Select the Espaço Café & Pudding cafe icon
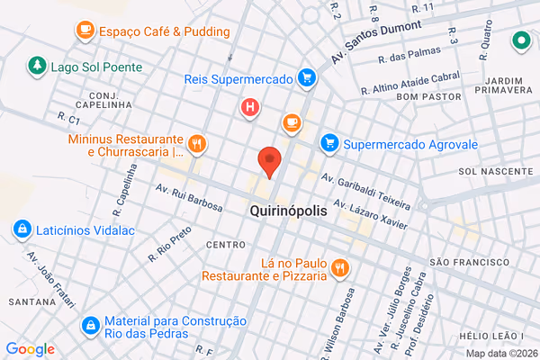pos(85,31)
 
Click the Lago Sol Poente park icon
pos(37,66)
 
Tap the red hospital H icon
pos(250,109)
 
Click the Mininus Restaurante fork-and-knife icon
pos(196,144)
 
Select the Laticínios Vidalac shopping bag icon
pos(22,229)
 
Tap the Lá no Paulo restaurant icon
pos(339,267)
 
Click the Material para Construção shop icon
pos(90,325)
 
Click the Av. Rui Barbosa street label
pos(189,198)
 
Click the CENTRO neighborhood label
pos(225,245)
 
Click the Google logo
pos(30,349)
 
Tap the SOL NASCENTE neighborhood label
pos(490,171)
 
